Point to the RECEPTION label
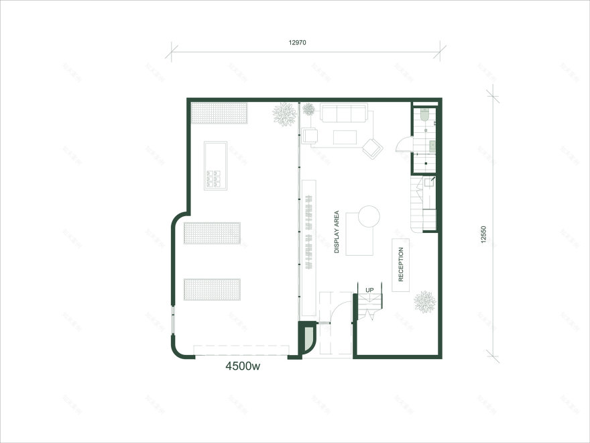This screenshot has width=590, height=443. [x=401, y=264]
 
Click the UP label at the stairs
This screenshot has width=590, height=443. [x=369, y=290]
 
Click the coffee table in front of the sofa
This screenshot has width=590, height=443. [x=346, y=138]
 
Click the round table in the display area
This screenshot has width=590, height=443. [x=367, y=216]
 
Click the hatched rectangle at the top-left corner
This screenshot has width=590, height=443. [x=220, y=113]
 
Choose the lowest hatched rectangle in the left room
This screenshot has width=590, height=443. [x=212, y=289]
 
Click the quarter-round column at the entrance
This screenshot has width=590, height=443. [x=306, y=339]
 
